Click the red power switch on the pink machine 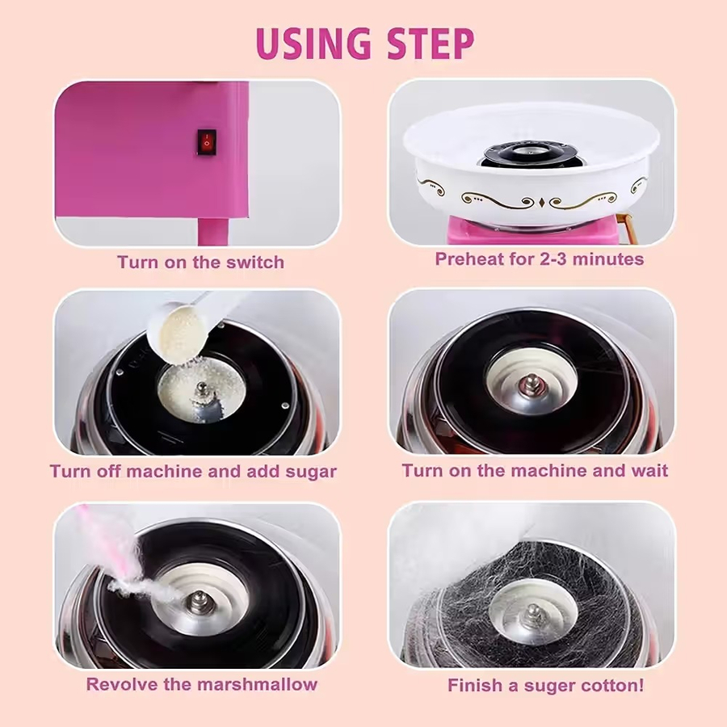coord(207,142)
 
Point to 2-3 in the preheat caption coord(553,258)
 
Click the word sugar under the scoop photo coord(311,472)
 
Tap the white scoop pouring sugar coord(190,325)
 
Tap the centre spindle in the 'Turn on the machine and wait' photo coord(531,384)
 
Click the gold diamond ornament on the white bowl coord(541,202)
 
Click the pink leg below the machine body coord(213,231)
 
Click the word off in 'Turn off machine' coord(110,472)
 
